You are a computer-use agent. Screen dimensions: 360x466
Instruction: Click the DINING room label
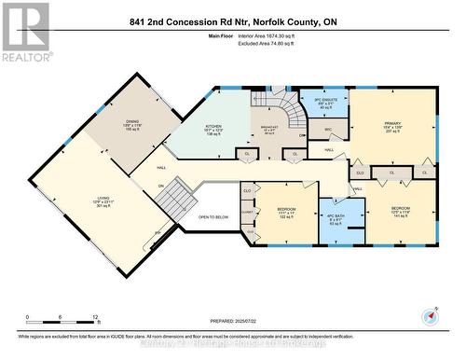pos(131,124)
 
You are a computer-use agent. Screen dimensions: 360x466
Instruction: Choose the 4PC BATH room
pos(336,220)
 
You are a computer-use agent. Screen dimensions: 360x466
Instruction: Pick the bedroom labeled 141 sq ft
pos(400,212)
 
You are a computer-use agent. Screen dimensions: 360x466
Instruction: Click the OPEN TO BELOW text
pos(214,217)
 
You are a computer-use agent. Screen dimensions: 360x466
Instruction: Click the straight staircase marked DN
pos(184,198)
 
